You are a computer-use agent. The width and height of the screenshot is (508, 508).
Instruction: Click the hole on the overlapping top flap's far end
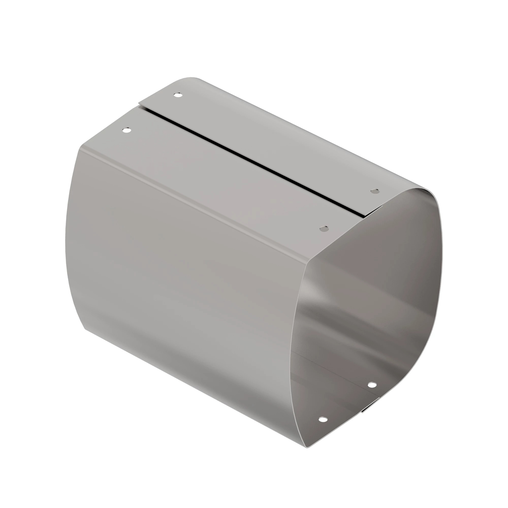178,95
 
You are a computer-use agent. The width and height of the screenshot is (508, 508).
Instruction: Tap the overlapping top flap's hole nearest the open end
375,191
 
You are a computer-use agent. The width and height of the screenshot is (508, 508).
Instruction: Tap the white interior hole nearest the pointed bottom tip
323,419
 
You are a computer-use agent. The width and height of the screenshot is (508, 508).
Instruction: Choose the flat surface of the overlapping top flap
263,137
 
